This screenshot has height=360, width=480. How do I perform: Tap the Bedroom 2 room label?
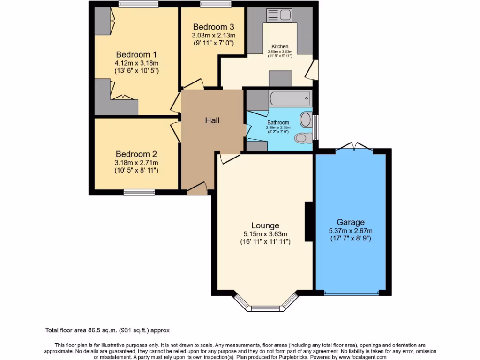tap(136, 154)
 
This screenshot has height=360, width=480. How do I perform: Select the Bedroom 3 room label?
tap(213, 27)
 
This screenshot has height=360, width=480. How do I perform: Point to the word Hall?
tap(212, 120)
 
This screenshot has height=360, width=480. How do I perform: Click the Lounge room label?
tap(265, 225)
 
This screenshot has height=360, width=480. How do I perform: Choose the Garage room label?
tap(351, 222)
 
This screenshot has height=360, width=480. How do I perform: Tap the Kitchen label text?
tap(280, 47)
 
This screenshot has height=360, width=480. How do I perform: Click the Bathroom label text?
tap(278, 122)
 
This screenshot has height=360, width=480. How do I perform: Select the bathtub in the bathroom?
tap(290, 98)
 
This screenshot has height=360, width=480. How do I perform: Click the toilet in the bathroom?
tap(304, 138)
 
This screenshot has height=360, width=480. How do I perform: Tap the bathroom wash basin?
tap(306, 119)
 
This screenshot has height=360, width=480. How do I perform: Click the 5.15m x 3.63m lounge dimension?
tap(265, 234)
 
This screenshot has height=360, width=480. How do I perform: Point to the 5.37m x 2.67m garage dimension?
tap(351, 230)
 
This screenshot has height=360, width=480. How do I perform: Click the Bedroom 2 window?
tap(139, 192)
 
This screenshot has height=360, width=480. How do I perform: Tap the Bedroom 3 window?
tap(216, 4)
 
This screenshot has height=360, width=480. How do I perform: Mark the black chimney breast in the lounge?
tap(309, 222)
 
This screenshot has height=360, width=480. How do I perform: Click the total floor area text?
tap(110, 330)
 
